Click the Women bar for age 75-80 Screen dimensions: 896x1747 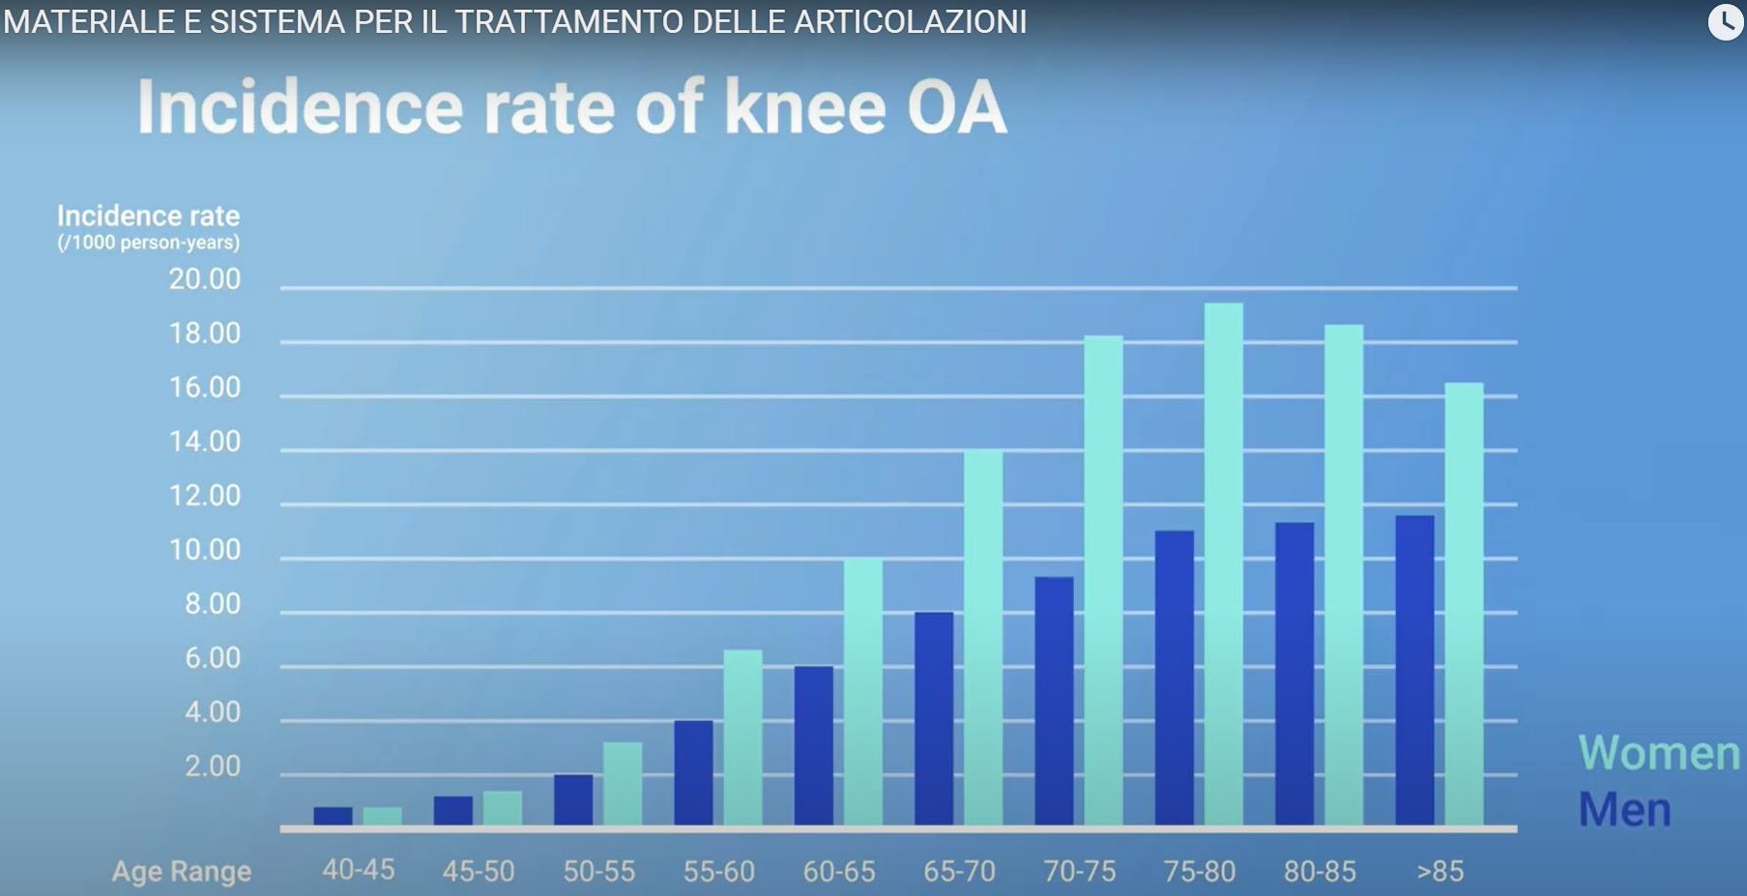click(1223, 564)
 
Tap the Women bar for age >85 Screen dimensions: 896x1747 click(1464, 604)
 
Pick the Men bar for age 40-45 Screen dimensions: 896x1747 click(333, 816)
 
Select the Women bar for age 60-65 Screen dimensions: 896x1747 click(862, 691)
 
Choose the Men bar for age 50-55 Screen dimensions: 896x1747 click(573, 799)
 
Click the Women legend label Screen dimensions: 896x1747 click(1658, 753)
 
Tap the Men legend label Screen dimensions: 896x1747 click(1624, 810)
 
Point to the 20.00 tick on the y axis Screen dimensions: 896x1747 click(205, 279)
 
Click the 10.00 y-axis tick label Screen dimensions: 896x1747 click(205, 550)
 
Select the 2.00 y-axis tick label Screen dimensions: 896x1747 click(212, 766)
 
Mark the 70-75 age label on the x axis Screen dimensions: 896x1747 click(1079, 872)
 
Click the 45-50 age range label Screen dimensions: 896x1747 click(479, 872)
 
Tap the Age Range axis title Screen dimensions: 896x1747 click(182, 872)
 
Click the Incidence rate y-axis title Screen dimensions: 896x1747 click(148, 217)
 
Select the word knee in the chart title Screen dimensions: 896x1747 click(804, 107)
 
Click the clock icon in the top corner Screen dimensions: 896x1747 click(1726, 21)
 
